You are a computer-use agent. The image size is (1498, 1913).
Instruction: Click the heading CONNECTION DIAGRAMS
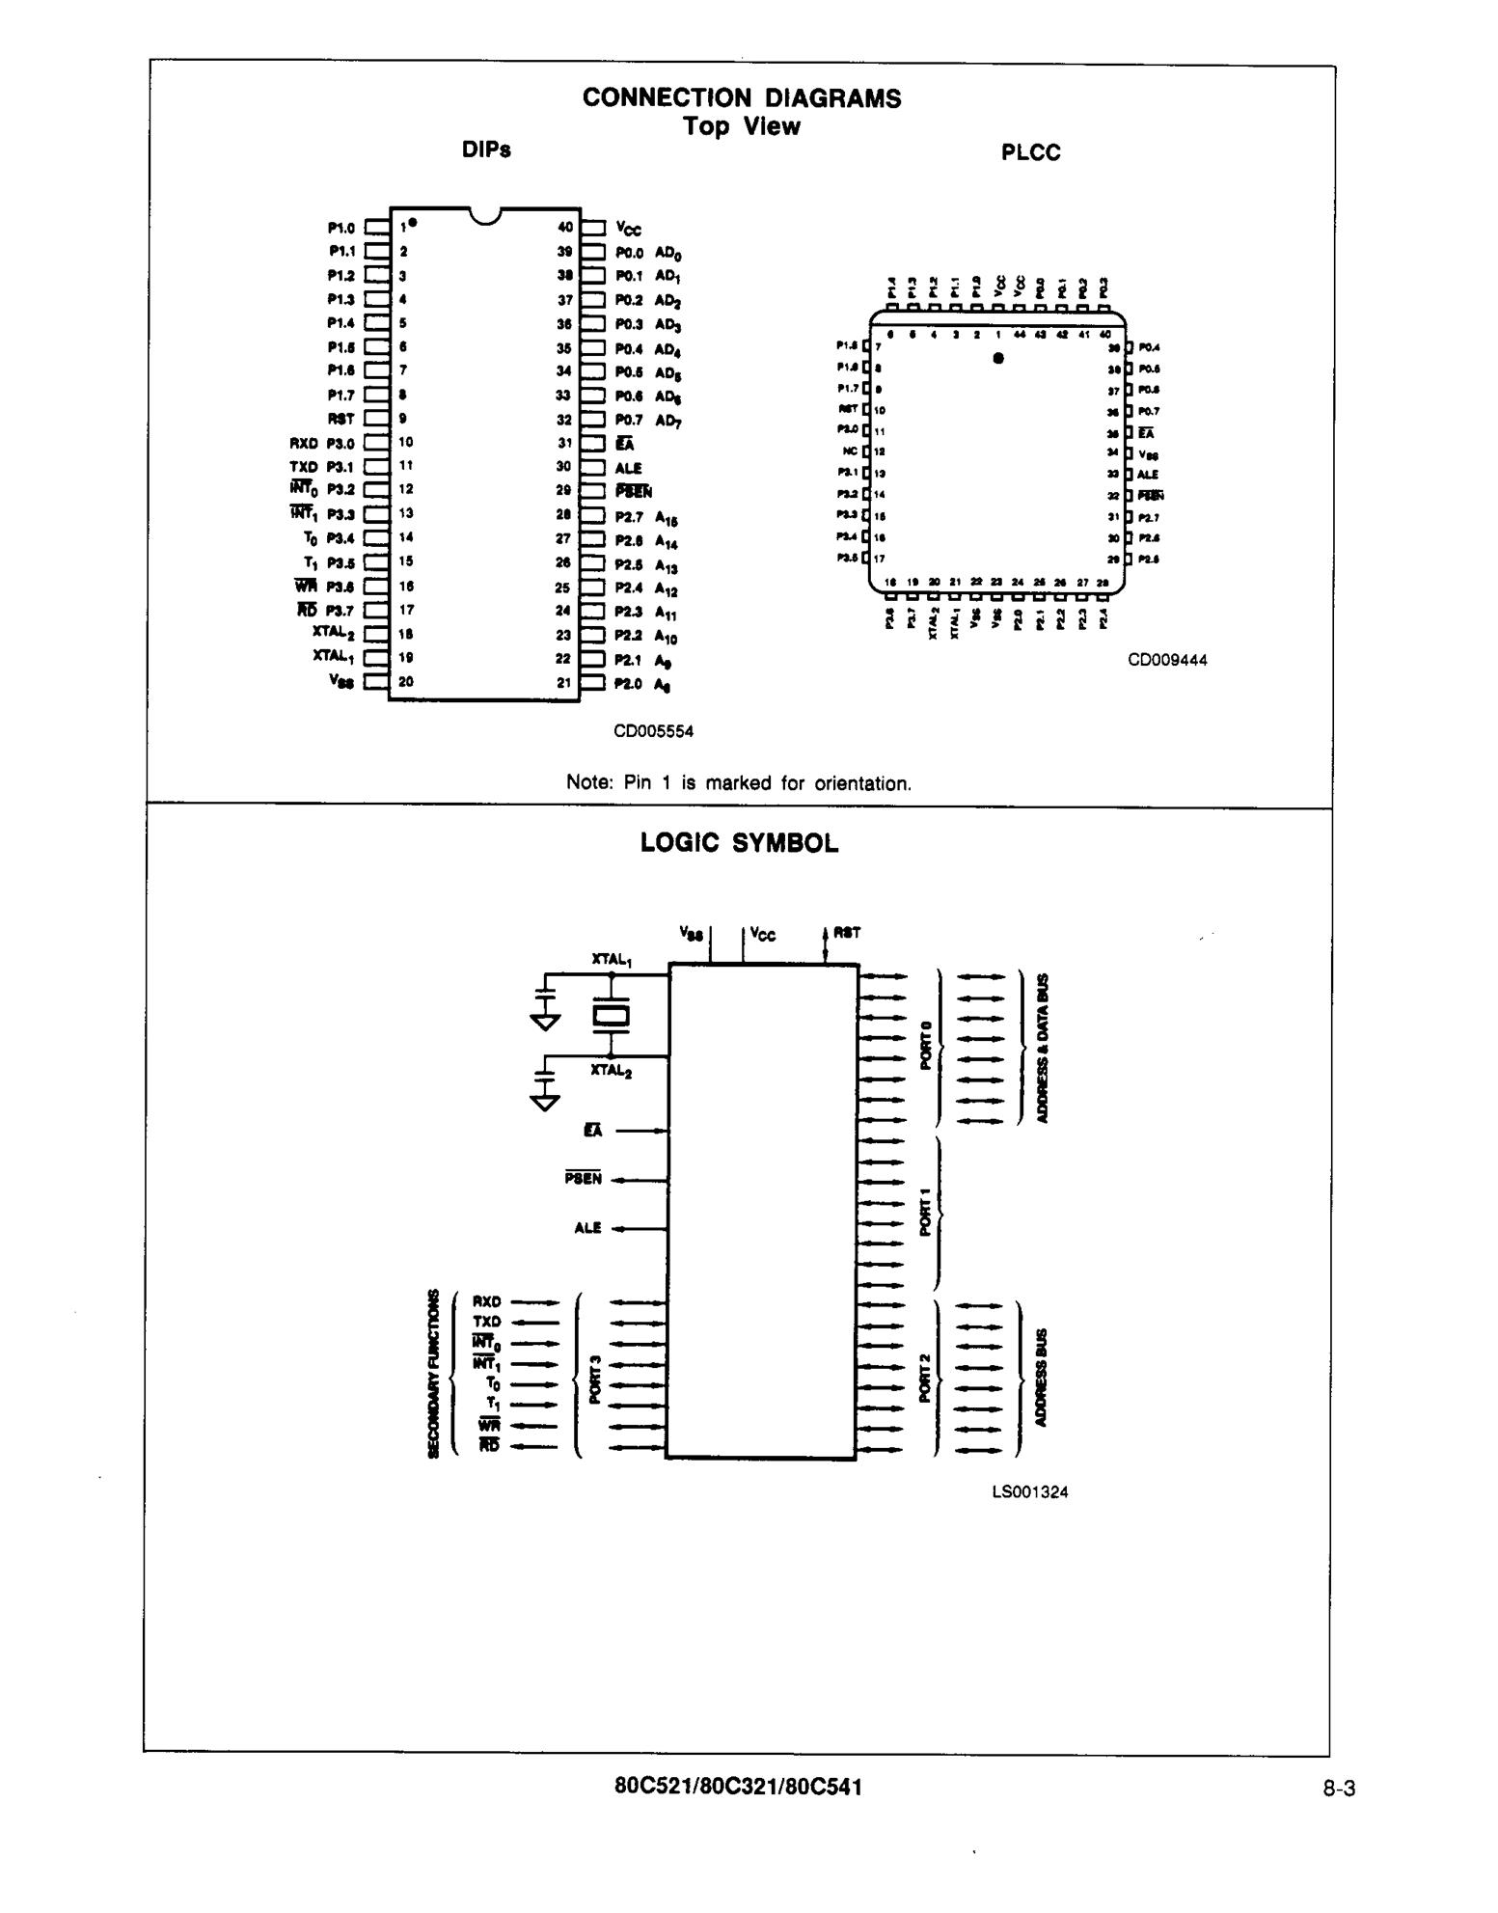point(741,98)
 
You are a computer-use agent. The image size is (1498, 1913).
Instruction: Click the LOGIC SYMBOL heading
point(739,843)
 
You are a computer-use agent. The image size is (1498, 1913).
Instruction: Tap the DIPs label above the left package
point(486,150)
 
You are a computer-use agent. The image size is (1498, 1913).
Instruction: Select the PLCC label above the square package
point(1030,153)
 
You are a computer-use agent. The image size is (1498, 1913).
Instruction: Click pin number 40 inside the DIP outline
point(565,228)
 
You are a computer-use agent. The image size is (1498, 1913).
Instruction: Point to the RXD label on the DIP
point(303,444)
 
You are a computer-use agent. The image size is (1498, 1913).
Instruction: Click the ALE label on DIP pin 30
point(628,468)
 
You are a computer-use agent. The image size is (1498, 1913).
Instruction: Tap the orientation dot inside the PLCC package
point(998,359)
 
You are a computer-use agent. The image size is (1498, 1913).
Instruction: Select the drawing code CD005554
point(653,731)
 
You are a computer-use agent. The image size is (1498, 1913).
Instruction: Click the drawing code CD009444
point(1167,660)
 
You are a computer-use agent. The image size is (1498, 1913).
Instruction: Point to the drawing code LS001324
point(1029,1492)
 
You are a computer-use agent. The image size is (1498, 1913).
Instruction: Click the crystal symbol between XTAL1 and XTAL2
point(611,1016)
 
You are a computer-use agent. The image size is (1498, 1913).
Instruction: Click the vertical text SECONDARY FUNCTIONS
point(433,1375)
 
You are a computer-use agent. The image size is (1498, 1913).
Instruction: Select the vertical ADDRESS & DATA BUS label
point(1042,1049)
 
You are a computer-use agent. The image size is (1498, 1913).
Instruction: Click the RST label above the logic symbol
point(847,933)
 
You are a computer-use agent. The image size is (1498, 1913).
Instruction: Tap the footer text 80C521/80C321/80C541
point(738,1787)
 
